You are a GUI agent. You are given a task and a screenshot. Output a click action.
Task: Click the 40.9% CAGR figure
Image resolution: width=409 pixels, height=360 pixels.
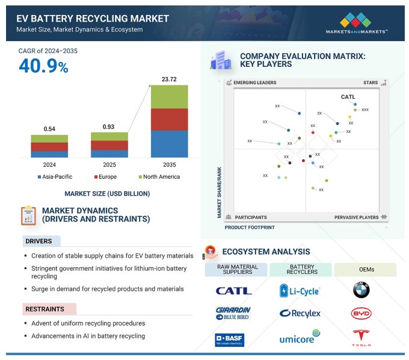[x=43, y=67]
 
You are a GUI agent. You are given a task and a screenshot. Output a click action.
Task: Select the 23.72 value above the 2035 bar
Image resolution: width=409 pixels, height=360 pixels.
[x=169, y=79]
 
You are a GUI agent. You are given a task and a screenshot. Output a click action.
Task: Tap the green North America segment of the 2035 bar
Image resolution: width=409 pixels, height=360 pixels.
[x=169, y=96]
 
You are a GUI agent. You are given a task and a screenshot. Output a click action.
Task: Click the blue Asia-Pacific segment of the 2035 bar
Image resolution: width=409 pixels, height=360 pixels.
[x=169, y=144]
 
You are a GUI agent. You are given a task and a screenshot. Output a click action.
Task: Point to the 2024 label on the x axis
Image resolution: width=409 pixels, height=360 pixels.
[x=49, y=164]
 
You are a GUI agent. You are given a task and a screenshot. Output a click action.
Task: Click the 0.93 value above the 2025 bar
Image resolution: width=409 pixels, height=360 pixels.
[x=109, y=127]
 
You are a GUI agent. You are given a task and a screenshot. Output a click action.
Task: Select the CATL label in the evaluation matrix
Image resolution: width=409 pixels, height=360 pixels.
[x=348, y=97]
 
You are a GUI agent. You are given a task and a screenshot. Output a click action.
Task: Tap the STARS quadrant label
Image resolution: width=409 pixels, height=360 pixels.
[x=371, y=82]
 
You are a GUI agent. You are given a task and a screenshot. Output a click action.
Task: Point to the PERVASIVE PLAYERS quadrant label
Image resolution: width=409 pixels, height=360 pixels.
[x=357, y=217]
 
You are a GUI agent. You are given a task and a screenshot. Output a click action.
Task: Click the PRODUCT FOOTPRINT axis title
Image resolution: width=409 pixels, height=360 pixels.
[x=250, y=228]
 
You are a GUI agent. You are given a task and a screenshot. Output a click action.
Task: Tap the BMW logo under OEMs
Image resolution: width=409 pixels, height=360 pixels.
[x=361, y=290]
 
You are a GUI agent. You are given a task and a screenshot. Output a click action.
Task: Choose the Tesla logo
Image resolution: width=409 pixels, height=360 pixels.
[x=361, y=337]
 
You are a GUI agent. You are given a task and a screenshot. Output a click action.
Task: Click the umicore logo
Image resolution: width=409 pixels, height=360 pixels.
[x=300, y=338]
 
